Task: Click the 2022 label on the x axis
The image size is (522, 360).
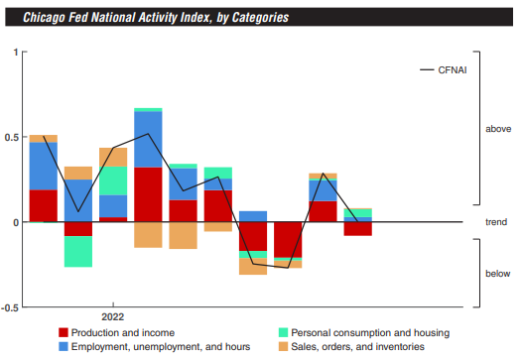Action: point(112,317)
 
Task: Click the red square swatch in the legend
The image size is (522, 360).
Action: point(64,332)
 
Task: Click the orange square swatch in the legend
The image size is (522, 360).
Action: point(282,346)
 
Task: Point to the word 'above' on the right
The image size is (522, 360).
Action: point(498,130)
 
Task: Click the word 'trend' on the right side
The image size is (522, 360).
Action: point(497,222)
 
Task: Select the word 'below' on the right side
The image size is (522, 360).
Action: point(498,274)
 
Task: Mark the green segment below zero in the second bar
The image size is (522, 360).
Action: point(78,251)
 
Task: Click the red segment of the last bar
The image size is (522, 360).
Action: point(357,228)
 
